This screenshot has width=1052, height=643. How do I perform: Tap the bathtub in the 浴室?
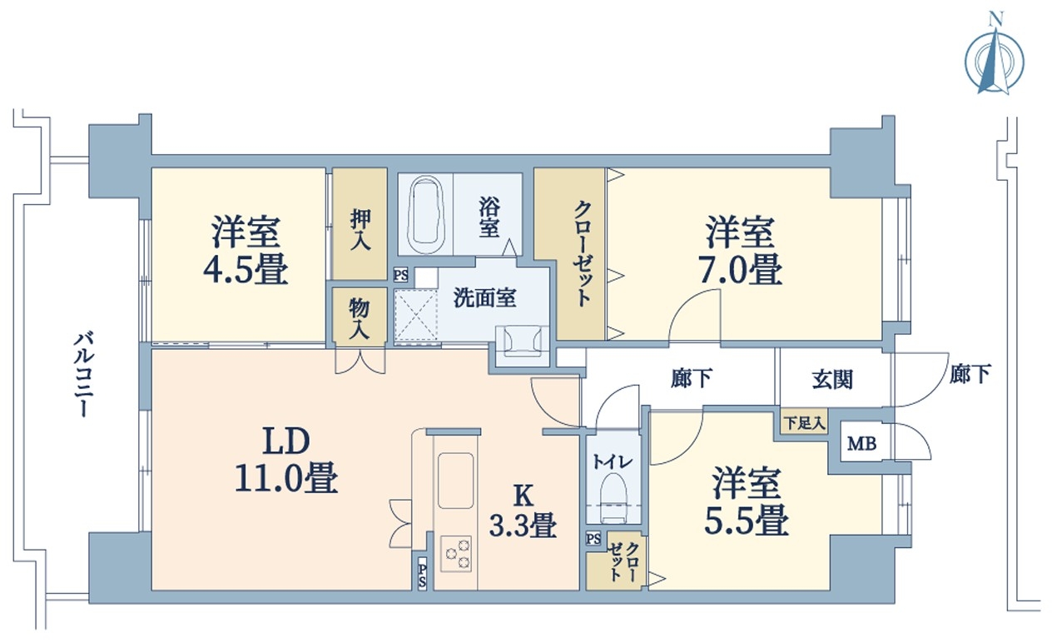[426, 215]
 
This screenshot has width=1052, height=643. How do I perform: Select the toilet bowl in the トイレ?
[613, 498]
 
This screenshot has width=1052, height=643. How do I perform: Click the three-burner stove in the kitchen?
[455, 554]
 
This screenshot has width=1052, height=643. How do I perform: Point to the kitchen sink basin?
[455, 480]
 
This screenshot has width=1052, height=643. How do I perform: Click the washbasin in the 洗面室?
[522, 339]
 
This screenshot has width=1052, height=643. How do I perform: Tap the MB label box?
[861, 443]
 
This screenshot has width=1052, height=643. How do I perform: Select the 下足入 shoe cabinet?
[805, 423]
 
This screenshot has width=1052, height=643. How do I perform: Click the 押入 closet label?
[360, 230]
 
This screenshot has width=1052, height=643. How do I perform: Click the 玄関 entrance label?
[832, 380]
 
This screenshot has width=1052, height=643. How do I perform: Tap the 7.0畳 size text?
[741, 269]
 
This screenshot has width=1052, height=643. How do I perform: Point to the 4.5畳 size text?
[246, 269]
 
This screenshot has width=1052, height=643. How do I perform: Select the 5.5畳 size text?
[747, 521]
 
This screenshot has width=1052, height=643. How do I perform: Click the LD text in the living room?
[286, 441]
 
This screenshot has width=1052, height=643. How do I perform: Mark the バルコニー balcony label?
[83, 375]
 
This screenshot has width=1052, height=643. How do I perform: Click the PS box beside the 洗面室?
[400, 275]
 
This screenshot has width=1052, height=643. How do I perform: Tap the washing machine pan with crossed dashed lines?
[415, 314]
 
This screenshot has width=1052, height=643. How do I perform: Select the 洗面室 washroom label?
[484, 297]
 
